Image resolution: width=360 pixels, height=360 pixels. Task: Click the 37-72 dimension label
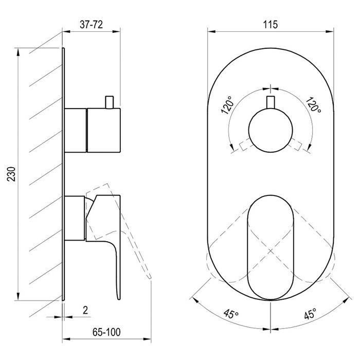point(91,25)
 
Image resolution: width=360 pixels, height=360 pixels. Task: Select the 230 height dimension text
point(11,174)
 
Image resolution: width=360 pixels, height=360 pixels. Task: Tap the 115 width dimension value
point(270,24)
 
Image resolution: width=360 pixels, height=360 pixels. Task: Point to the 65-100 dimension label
point(106,332)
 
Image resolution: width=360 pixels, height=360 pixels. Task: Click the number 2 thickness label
point(85,311)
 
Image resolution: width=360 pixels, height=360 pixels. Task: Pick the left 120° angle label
point(227,105)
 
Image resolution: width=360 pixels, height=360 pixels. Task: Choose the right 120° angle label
point(313,104)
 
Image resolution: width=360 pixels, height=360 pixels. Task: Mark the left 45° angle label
point(231,313)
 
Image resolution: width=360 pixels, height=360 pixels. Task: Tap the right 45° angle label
point(310,313)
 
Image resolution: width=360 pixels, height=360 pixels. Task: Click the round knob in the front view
point(271,130)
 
